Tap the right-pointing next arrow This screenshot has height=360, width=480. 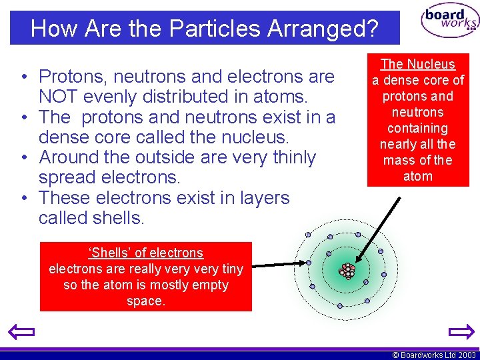click(460, 331)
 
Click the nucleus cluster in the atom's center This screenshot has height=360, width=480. click(347, 271)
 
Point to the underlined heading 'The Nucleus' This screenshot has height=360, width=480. click(418, 64)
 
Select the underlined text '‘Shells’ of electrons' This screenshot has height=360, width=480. click(146, 253)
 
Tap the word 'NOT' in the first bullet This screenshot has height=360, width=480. click(60, 97)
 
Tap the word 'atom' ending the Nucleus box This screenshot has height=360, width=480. click(418, 176)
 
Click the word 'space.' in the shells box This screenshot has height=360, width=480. click(146, 301)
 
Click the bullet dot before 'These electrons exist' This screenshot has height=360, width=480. click(23, 198)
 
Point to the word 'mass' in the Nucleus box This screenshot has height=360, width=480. click(397, 160)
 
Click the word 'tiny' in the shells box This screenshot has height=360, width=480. click(229, 269)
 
